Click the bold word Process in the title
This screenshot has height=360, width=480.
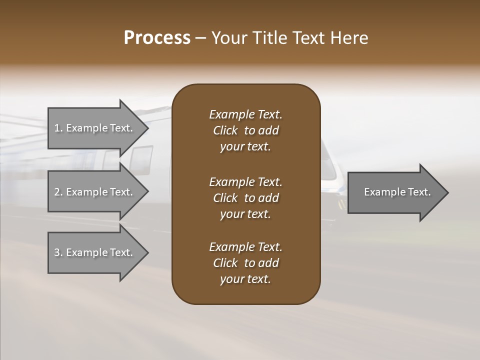click(157, 38)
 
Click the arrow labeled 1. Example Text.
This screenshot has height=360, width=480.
click(95, 128)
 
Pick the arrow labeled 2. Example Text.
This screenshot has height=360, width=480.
click(95, 192)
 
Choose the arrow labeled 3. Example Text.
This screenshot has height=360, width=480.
click(95, 252)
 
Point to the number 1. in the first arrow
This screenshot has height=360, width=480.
click(58, 128)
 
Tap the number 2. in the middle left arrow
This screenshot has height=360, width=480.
click(58, 192)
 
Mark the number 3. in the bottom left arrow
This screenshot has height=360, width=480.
click(58, 252)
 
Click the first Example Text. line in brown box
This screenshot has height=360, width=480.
click(245, 114)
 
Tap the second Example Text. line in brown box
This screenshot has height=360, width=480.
click(245, 181)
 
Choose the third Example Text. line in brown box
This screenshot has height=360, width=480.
click(245, 247)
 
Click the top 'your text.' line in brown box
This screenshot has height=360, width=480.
click(245, 147)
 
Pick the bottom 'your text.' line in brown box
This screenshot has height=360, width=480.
click(245, 279)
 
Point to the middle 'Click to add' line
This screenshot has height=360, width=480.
click(245, 198)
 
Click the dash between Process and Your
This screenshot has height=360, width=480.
click(200, 38)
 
